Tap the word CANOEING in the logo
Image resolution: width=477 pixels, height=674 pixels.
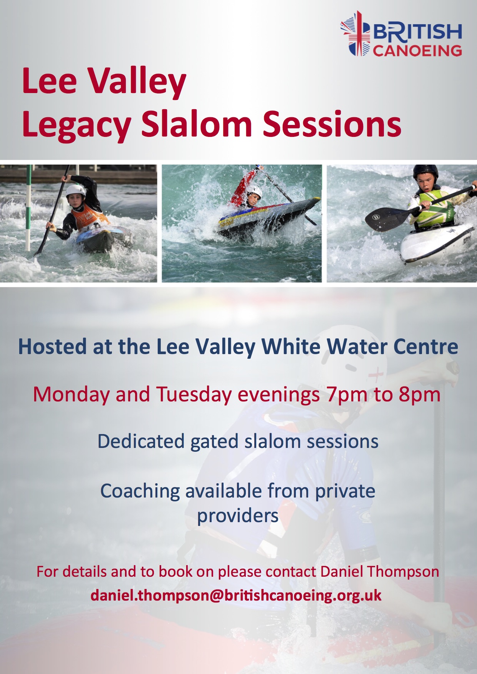pyautogui.click(x=417, y=50)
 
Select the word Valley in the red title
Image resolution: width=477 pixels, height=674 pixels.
pyautogui.click(x=138, y=82)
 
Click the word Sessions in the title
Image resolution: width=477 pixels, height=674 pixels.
pyautogui.click(x=332, y=124)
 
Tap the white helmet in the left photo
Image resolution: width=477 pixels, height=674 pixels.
pyautogui.click(x=75, y=191)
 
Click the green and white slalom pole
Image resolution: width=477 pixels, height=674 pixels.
pyautogui.click(x=28, y=208)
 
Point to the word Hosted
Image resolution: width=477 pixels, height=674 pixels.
pyautogui.click(x=53, y=346)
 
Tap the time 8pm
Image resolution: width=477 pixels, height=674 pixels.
pyautogui.click(x=419, y=395)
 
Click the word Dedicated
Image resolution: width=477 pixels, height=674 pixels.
pyautogui.click(x=141, y=441)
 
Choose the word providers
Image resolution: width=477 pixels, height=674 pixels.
pyautogui.click(x=238, y=516)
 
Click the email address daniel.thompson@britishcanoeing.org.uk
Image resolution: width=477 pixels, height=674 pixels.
pyautogui.click(x=236, y=596)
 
